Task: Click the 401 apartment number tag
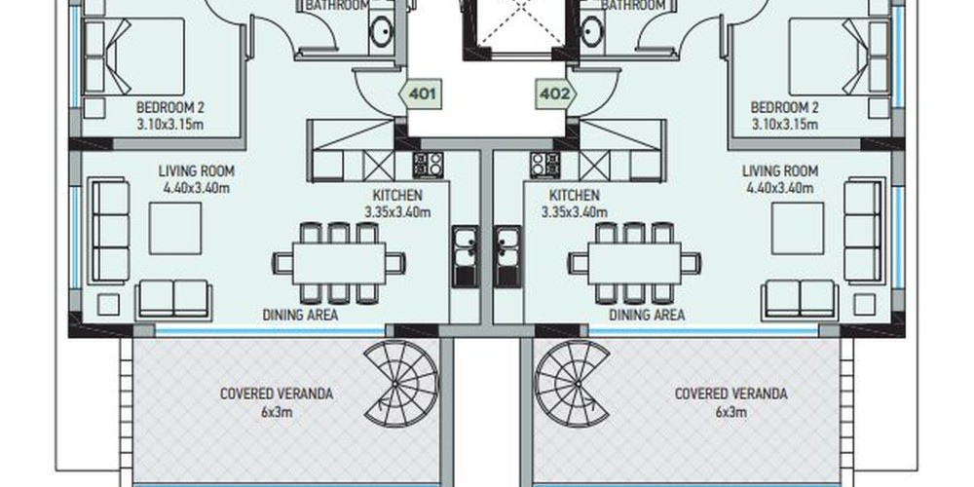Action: pos(420,94)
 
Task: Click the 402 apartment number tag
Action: pos(555,94)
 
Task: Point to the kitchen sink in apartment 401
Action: pos(466,256)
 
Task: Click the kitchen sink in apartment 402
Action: pos(507,256)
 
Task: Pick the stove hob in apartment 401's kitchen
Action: pos(428,166)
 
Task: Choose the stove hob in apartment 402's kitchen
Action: pos(545,166)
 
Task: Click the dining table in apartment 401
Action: pos(339,263)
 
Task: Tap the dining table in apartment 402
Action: pos(634,263)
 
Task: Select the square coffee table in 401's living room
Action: pos(175,228)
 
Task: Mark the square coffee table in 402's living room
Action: pos(799,228)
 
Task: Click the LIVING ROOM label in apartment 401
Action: pos(197,170)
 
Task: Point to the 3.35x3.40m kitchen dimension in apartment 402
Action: pos(575,211)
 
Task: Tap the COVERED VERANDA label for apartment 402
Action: pos(731,393)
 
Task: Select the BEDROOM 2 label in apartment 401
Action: pos(170,107)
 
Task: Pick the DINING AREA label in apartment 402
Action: pos(647,315)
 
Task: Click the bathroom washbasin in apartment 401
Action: pos(382,31)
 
